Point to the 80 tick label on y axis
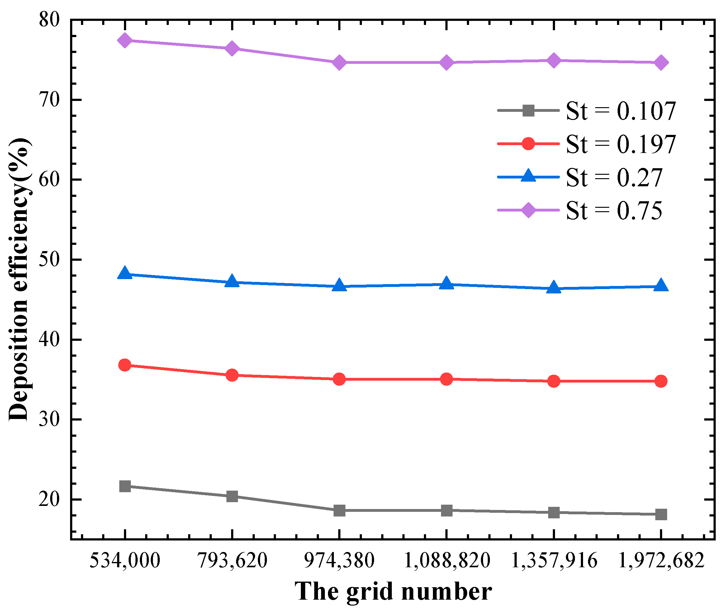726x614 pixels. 49,20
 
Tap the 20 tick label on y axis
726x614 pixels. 49,499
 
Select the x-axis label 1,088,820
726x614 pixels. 447,560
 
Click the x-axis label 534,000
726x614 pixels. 125,560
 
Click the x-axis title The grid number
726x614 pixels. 393,592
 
